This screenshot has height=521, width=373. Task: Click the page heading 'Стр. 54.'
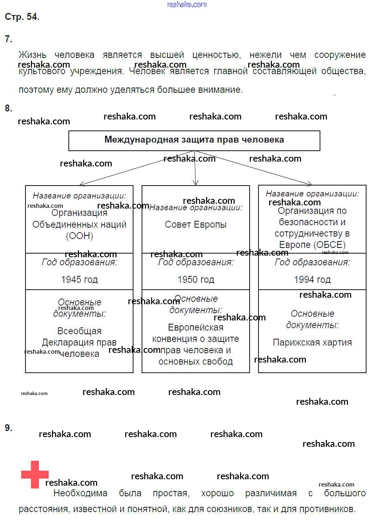pos(22,17)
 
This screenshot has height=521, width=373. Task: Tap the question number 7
pos(8,39)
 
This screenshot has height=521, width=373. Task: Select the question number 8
pos(8,108)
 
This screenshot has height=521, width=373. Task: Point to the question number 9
pos(8,428)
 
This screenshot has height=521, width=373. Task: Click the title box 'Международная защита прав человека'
pos(194,141)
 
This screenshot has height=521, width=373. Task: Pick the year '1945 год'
pos(79,280)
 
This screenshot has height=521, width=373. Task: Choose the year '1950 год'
pos(196,280)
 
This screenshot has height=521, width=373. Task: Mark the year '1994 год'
pos(312,280)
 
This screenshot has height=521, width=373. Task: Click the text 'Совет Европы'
pos(196,224)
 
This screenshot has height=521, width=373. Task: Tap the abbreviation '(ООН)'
pos(79,236)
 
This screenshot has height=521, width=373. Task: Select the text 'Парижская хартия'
pos(312,342)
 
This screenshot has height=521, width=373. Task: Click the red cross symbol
pos(35,474)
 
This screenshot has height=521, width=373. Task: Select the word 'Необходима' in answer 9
pos(81,493)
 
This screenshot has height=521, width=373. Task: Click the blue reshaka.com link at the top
pos(187,4)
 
